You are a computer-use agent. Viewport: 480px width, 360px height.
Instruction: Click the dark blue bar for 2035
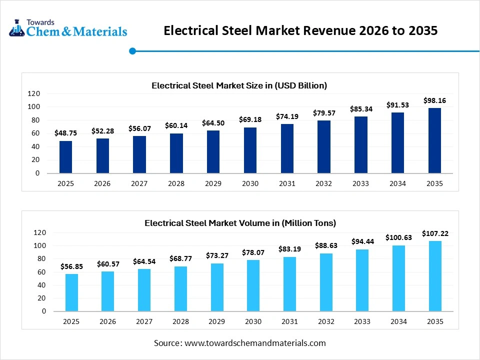(x=434, y=140)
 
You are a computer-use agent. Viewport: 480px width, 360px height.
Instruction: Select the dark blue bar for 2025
(x=65, y=157)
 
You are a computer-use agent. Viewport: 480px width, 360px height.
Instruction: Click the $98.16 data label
(x=434, y=100)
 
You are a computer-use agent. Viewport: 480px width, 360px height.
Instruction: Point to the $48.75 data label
(x=65, y=133)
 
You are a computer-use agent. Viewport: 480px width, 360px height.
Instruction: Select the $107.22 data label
(x=434, y=233)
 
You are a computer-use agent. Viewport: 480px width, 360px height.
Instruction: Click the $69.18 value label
(x=250, y=120)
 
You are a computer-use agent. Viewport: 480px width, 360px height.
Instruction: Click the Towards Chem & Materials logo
(x=68, y=29)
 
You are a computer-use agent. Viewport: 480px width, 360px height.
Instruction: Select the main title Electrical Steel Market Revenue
(x=301, y=30)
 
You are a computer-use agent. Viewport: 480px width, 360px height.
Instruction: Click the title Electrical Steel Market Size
(x=239, y=85)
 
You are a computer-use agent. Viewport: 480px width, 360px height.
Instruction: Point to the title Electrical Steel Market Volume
(x=240, y=223)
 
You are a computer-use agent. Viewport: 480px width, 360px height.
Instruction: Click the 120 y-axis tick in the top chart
(x=33, y=93)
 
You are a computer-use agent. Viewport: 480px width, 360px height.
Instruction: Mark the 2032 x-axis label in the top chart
(x=324, y=183)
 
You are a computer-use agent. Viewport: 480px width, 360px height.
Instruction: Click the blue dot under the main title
(x=132, y=50)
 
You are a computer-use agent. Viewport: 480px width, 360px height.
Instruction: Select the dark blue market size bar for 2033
(x=361, y=145)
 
